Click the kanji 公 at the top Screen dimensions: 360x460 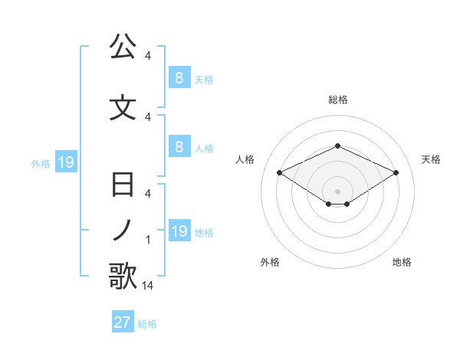(123, 47)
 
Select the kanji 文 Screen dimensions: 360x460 (123, 108)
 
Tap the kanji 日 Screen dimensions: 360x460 (123, 186)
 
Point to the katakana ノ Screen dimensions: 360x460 (123, 231)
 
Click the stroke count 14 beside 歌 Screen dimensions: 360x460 (148, 286)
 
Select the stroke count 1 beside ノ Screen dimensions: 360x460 (148, 240)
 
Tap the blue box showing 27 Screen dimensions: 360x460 (123, 322)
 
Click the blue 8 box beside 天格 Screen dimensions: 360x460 (179, 78)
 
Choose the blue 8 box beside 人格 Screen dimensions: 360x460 (179, 147)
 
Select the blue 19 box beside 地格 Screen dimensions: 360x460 (179, 231)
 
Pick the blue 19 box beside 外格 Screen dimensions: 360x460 (65, 162)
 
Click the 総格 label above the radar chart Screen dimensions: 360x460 (338, 100)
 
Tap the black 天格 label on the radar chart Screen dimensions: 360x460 (432, 159)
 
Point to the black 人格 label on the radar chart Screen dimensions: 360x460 (245, 159)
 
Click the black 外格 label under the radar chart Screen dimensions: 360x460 (270, 262)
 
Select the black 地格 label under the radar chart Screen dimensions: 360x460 (402, 262)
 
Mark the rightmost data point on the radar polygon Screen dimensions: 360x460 (396, 172)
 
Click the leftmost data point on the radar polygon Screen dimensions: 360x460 (279, 172)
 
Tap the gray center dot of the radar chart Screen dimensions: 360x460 (338, 191)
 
